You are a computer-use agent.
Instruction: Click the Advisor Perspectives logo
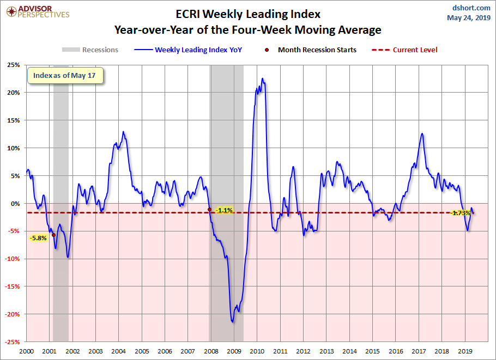37,11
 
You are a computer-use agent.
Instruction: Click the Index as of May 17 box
65,76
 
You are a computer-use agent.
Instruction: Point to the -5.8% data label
38,238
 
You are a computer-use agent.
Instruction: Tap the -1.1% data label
224,210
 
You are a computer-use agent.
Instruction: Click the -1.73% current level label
461,213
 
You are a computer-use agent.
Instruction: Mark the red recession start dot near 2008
210,210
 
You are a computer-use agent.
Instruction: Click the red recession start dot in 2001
53,235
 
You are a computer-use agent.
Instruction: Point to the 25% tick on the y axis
13,65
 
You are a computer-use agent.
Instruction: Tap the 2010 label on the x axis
257,351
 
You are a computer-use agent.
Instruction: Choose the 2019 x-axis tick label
465,351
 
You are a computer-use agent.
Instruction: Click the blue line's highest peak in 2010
263,78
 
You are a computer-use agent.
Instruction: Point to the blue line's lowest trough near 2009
233,322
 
